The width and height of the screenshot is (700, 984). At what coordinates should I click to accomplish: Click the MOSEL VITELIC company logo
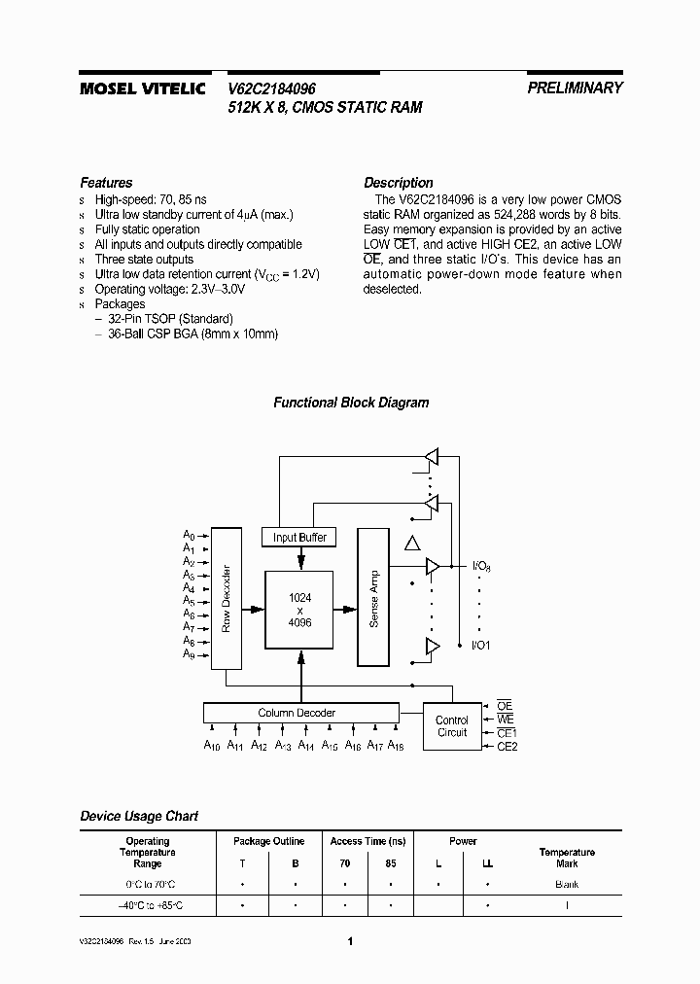click(142, 88)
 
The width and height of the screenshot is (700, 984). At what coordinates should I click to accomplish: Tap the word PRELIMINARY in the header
click(575, 88)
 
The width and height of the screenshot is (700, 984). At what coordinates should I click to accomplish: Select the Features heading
click(106, 183)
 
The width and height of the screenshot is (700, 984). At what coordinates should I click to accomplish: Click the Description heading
click(398, 183)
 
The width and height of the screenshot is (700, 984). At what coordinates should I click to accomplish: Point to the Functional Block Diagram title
click(350, 403)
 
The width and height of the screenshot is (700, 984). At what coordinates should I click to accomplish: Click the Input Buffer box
click(299, 537)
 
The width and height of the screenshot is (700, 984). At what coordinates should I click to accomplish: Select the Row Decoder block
click(226, 598)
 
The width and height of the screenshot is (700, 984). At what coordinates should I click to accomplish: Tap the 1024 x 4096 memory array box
click(300, 610)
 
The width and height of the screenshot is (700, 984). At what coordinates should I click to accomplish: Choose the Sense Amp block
click(372, 597)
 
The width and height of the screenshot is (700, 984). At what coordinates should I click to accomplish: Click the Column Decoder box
click(297, 713)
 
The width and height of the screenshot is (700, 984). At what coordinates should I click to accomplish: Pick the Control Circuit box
click(451, 726)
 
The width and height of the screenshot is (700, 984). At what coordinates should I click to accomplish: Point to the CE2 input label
click(507, 746)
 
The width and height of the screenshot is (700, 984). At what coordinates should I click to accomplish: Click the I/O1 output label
click(481, 645)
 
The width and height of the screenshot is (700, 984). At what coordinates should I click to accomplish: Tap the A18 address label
click(396, 746)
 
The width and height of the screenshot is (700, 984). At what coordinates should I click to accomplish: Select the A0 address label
click(190, 536)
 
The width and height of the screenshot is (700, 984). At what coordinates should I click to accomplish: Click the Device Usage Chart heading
click(139, 816)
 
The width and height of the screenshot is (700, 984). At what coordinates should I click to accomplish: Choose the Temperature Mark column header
click(567, 858)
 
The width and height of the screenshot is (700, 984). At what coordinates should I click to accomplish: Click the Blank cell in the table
click(567, 884)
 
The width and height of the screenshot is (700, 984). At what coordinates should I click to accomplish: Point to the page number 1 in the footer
click(350, 941)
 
